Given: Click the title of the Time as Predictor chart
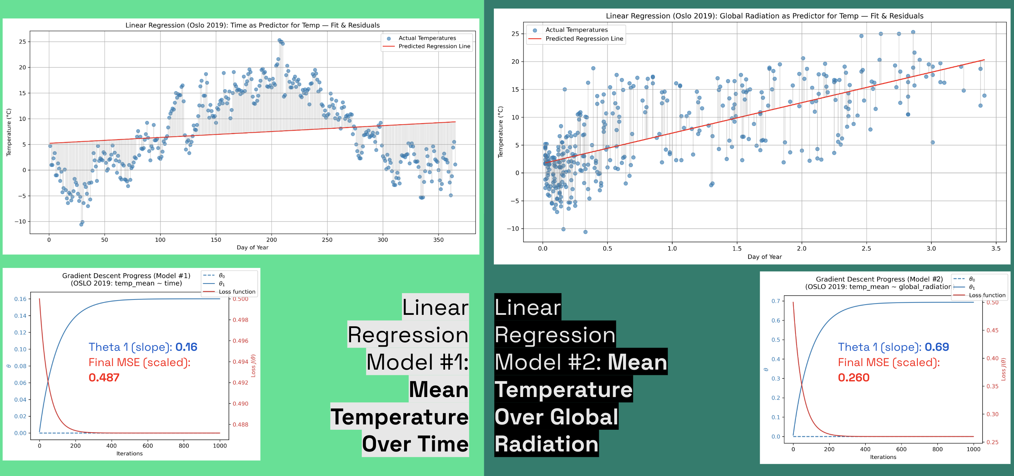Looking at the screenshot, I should (252, 25).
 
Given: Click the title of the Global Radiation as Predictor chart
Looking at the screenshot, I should (764, 16).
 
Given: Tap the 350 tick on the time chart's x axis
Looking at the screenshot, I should (438, 239).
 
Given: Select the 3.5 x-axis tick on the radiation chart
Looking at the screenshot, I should (996, 249).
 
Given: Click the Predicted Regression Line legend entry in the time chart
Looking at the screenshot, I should (434, 46).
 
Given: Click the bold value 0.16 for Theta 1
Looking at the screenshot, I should (186, 347).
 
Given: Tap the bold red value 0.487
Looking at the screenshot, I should (104, 377).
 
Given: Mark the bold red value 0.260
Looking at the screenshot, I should (853, 377).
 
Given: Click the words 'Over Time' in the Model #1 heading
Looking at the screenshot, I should (415, 444).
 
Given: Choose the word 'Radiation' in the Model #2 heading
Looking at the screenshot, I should (547, 444).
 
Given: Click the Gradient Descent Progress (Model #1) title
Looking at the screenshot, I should (126, 276).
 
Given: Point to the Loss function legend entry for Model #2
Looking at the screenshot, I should (987, 295).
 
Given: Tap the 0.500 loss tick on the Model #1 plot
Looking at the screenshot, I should (241, 299).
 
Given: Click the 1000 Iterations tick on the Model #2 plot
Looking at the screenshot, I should (973, 449).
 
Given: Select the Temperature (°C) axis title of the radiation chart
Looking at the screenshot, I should (500, 132).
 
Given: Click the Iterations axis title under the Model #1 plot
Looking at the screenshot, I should (130, 454).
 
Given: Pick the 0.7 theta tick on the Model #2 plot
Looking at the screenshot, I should (775, 301).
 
